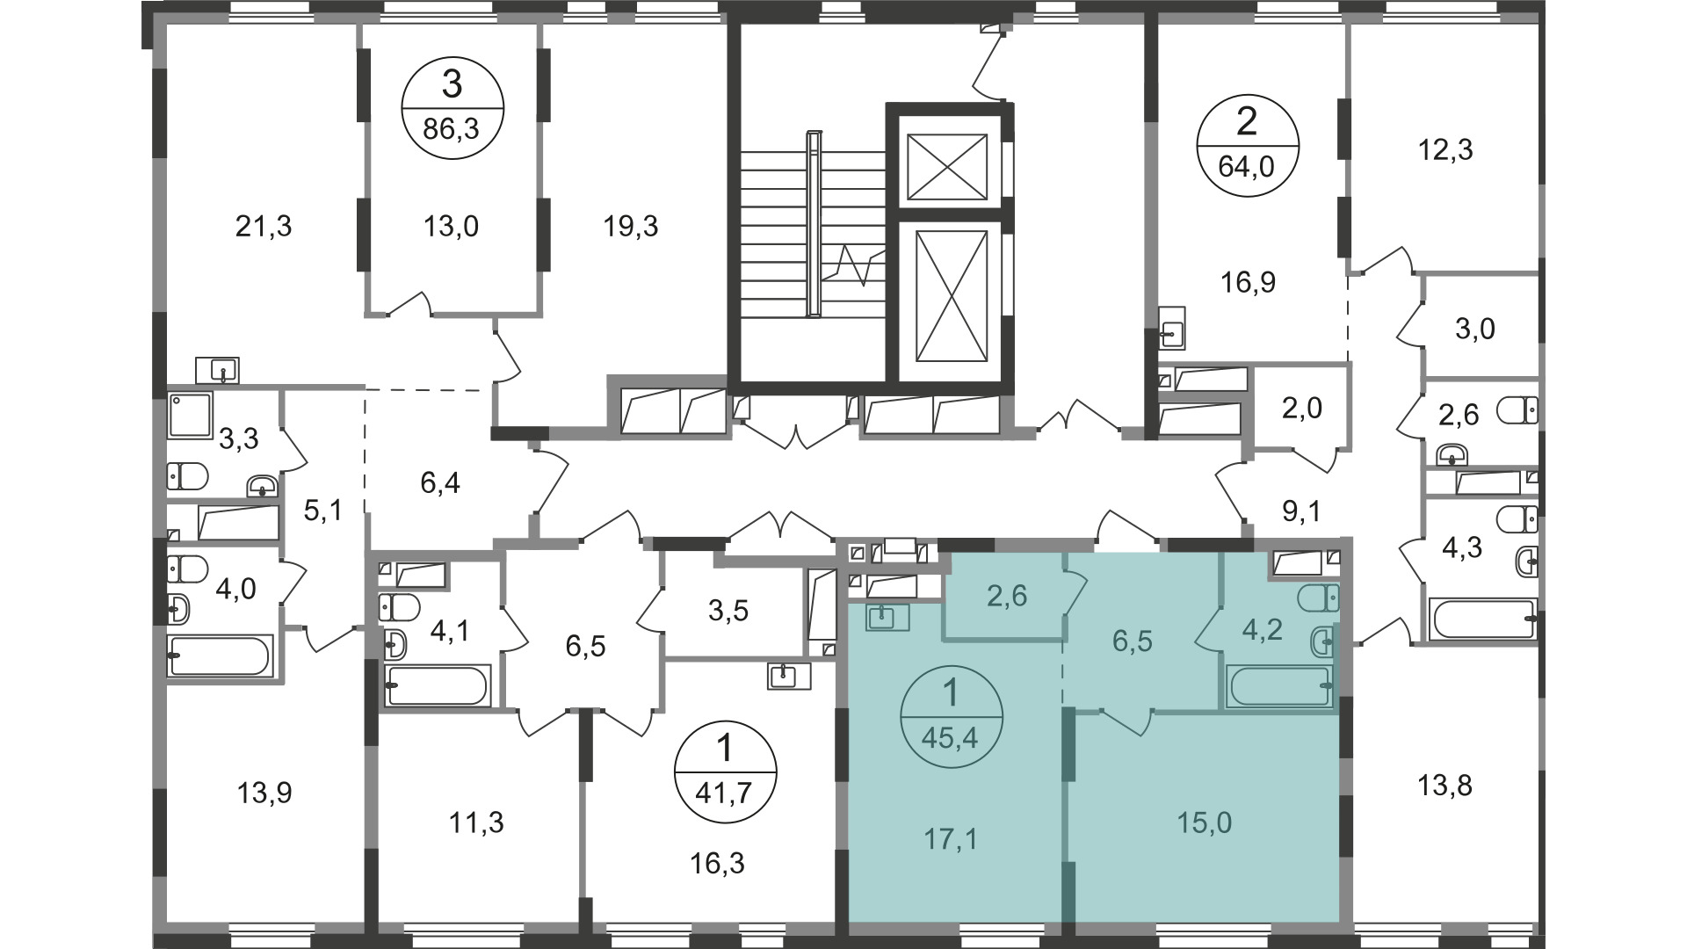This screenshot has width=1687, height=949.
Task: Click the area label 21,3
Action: click(264, 227)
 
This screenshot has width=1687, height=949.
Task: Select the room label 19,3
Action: click(631, 227)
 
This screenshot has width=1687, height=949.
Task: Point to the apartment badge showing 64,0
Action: click(1247, 143)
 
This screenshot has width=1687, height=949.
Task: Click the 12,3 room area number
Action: click(1445, 150)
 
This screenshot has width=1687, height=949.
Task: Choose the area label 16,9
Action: click(1248, 283)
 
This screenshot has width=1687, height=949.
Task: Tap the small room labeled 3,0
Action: click(1475, 329)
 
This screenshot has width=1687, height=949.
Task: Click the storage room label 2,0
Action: click(1302, 408)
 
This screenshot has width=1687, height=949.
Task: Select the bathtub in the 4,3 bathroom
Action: click(1484, 619)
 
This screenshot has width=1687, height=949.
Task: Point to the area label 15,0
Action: click(1205, 822)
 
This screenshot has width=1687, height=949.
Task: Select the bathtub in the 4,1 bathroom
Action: click(437, 685)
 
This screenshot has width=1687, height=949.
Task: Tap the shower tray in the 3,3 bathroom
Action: click(191, 415)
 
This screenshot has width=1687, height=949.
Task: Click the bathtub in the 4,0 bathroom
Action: click(221, 656)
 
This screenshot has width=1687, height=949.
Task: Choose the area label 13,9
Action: click(264, 793)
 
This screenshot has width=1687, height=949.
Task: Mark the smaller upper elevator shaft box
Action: click(946, 167)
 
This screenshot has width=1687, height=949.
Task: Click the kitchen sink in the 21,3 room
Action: click(217, 370)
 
